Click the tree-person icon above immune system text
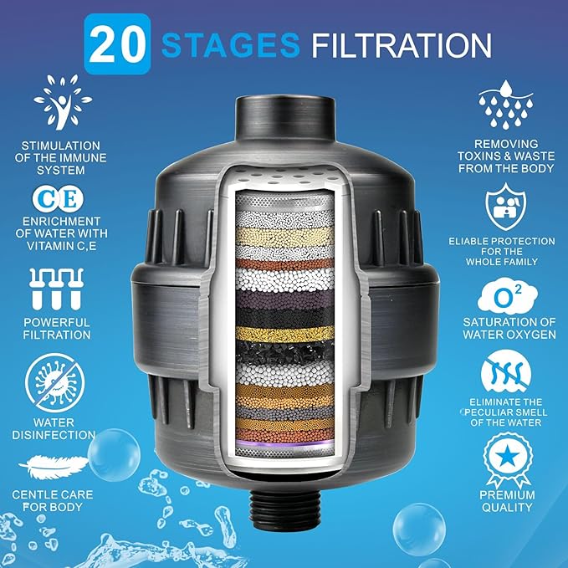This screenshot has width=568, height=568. coord(62,103)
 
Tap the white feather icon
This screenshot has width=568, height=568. coord(54,465)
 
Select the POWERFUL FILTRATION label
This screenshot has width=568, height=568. coord(57,328)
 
